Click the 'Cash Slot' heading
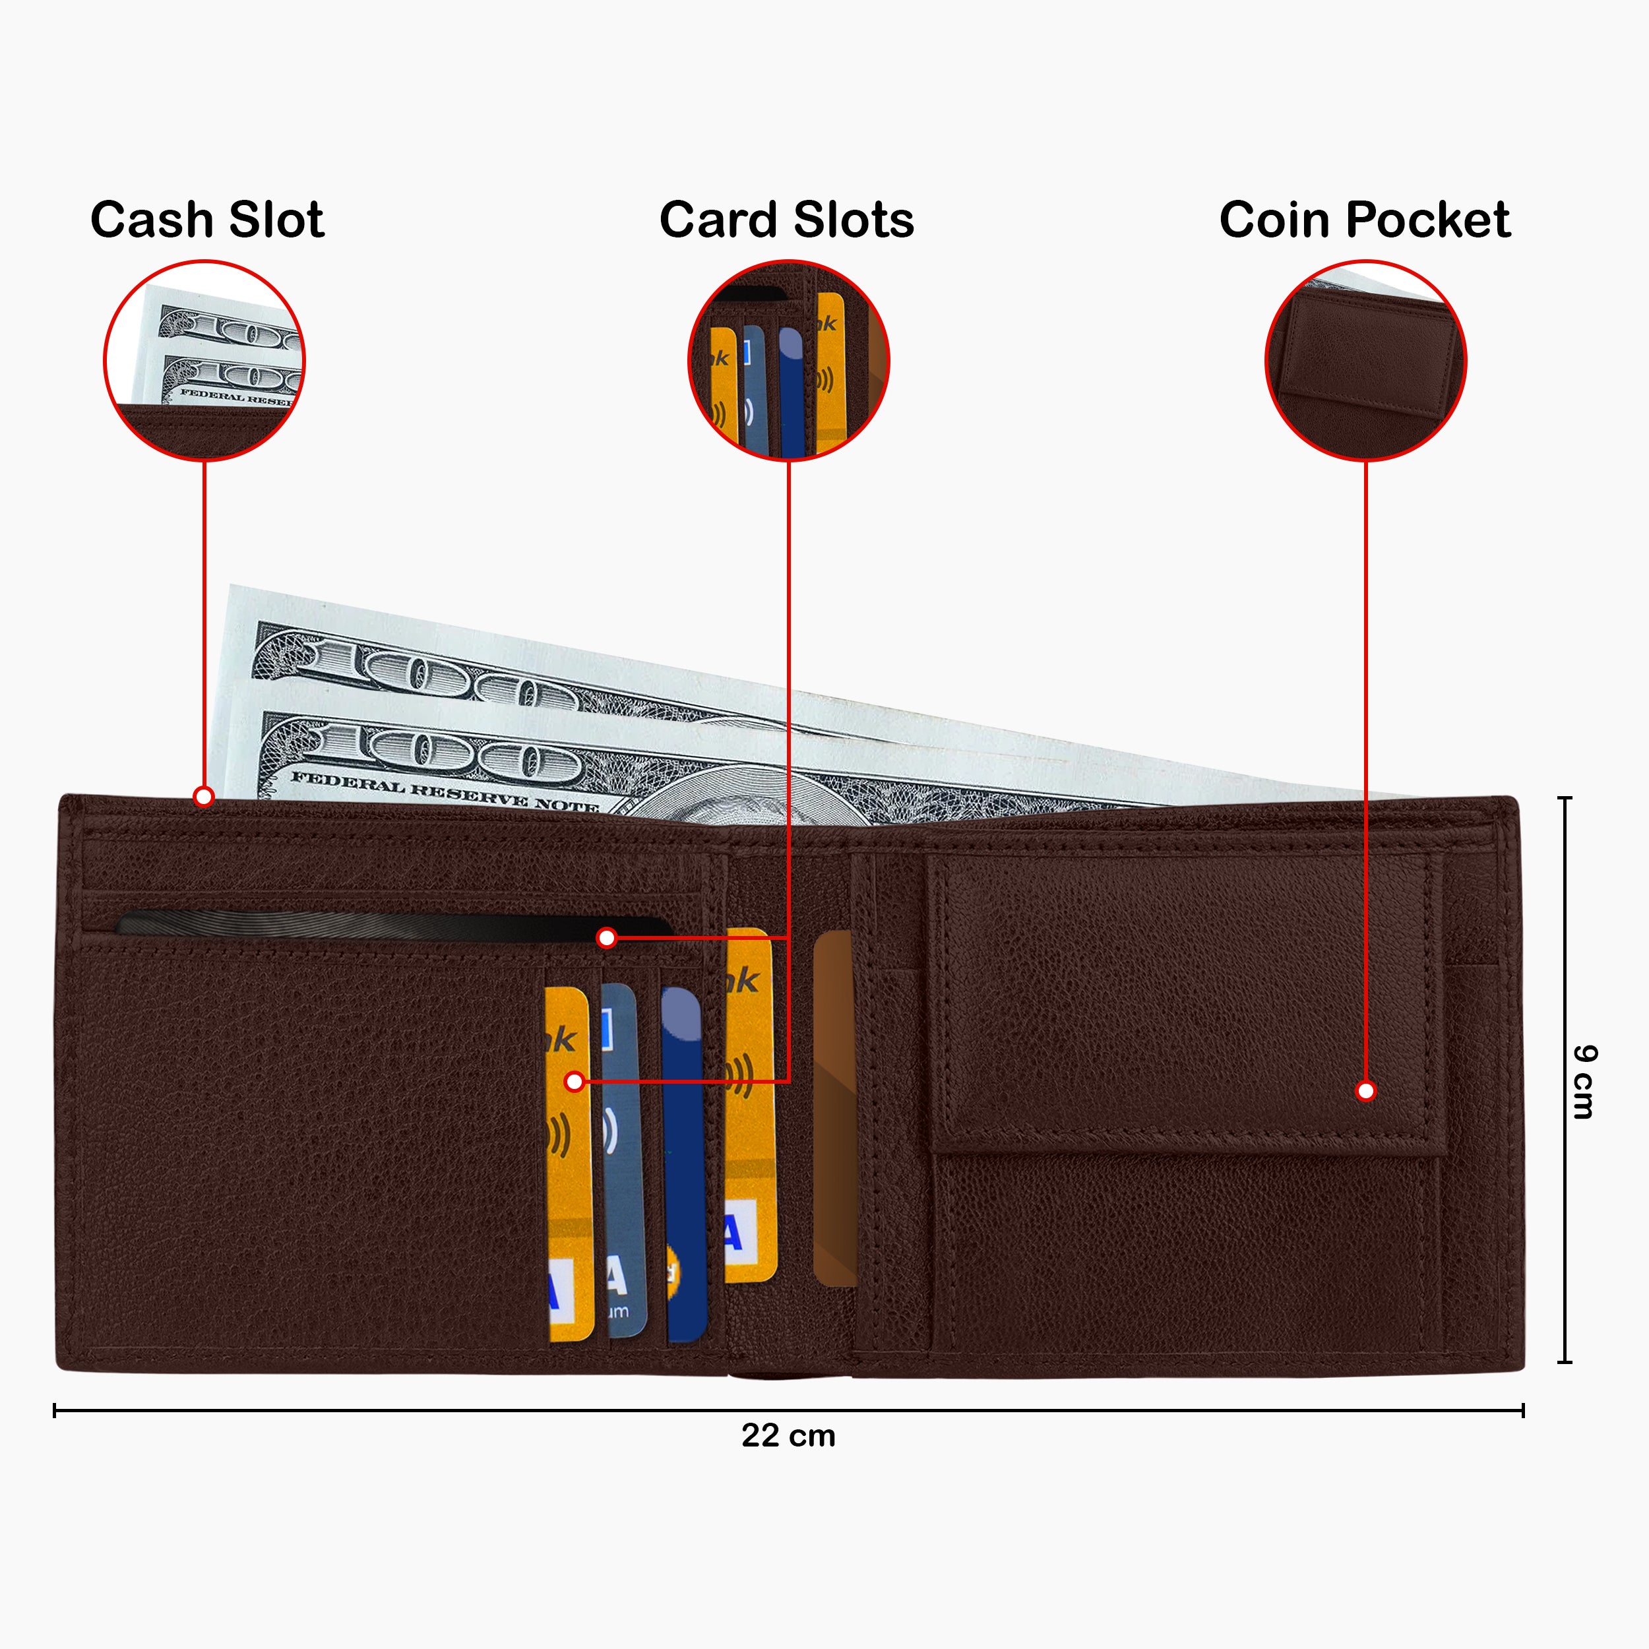pos(206,220)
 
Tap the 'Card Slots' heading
pos(786,220)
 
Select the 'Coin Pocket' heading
pos(1364,220)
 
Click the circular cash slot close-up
pos(204,360)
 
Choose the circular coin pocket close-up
pos(1365,360)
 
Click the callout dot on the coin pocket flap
pos(1365,1091)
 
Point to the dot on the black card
pos(606,938)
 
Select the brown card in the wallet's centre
pos(834,1109)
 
